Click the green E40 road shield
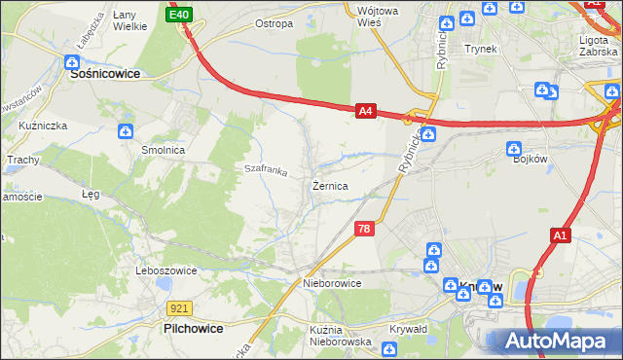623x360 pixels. [179, 15]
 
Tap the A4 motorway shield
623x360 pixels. [365, 112]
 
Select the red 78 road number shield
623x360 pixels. [363, 229]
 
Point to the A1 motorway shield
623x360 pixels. [560, 235]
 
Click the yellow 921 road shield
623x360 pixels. [176, 307]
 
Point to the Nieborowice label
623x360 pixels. [332, 283]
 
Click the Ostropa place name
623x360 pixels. [274, 23]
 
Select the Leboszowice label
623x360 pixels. [167, 270]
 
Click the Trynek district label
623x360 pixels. [481, 48]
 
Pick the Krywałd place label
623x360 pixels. [409, 329]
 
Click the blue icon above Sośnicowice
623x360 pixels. [73, 61]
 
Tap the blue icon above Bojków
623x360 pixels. [513, 149]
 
